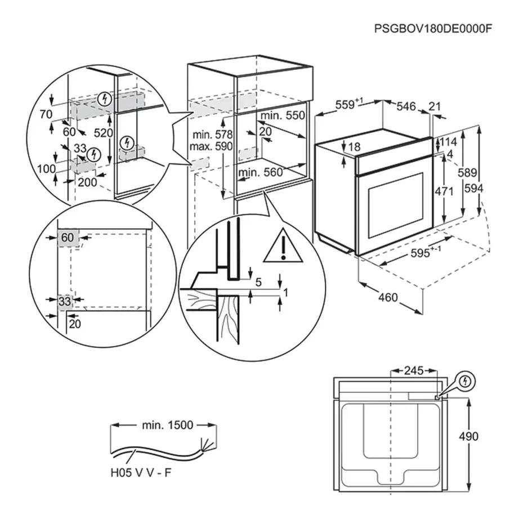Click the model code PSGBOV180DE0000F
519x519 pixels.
click(429, 29)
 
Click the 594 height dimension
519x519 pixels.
click(474, 190)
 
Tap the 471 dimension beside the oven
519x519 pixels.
click(444, 191)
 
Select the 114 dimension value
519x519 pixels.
click(449, 141)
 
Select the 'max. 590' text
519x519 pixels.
click(211, 146)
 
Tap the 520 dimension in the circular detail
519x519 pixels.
click(104, 133)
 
